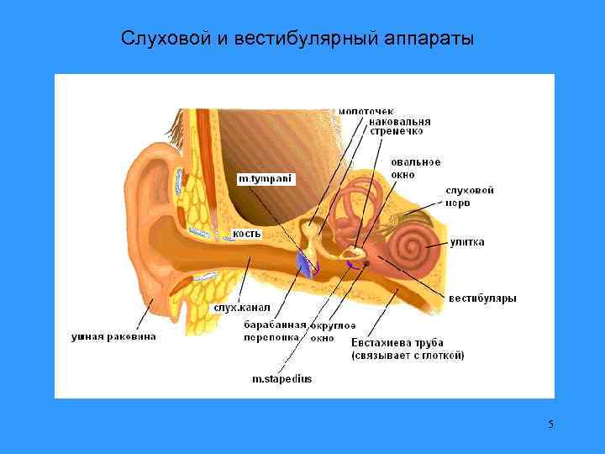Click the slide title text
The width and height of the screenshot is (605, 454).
(297, 39)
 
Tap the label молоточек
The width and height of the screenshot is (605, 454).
(366, 111)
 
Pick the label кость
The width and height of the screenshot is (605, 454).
(246, 233)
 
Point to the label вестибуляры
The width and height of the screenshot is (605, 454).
(481, 298)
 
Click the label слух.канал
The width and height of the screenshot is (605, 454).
(240, 308)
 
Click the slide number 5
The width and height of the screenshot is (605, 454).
(550, 424)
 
